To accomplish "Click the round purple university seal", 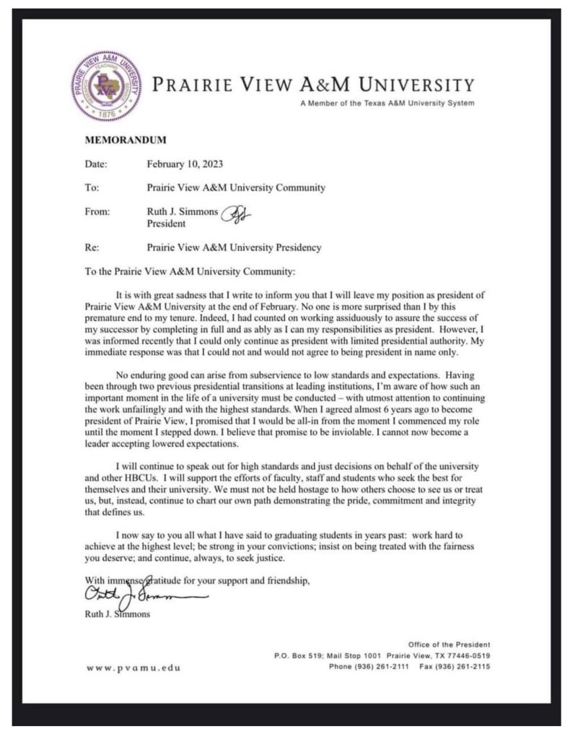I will (x=106, y=86).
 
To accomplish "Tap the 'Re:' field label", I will (x=92, y=248).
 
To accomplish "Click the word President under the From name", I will (x=166, y=224).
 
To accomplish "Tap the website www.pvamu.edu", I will (x=133, y=668).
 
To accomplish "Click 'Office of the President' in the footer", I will (x=449, y=644).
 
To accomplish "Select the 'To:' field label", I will (x=92, y=188).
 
